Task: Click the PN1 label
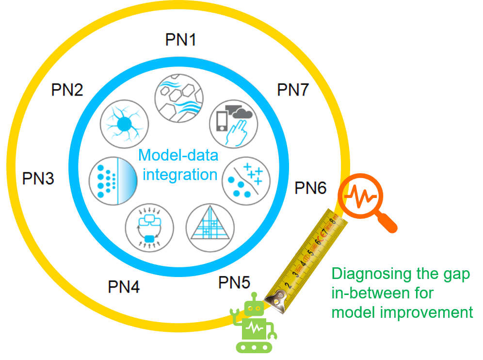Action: click(180, 40)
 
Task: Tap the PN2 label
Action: click(67, 90)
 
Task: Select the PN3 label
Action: click(38, 179)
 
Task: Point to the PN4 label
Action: click(124, 287)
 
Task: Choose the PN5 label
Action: click(234, 282)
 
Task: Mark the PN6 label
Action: click(310, 188)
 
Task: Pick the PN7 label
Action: click(293, 90)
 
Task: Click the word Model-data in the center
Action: click(178, 155)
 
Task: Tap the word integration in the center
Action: click(180, 175)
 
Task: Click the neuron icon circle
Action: click(125, 124)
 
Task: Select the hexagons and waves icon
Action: click(179, 98)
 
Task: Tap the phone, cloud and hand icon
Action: click(233, 124)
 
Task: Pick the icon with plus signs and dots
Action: click(246, 181)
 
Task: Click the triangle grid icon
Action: click(210, 228)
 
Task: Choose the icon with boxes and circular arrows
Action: click(149, 228)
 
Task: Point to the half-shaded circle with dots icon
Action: click(113, 180)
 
